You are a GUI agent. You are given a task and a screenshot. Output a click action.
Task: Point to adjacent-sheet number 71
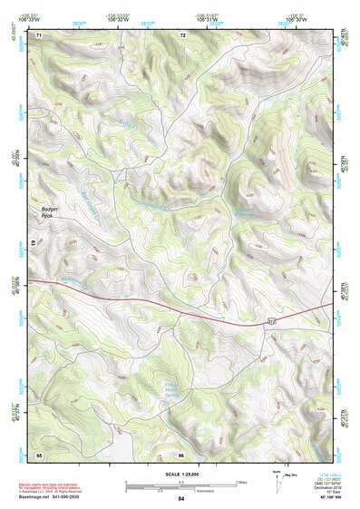(x=40, y=35)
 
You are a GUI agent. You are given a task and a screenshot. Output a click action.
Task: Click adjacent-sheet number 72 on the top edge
(x=183, y=35)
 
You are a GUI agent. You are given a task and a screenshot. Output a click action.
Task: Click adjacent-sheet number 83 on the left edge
(x=34, y=243)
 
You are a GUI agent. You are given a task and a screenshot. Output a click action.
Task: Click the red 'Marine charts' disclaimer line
(x=54, y=482)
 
